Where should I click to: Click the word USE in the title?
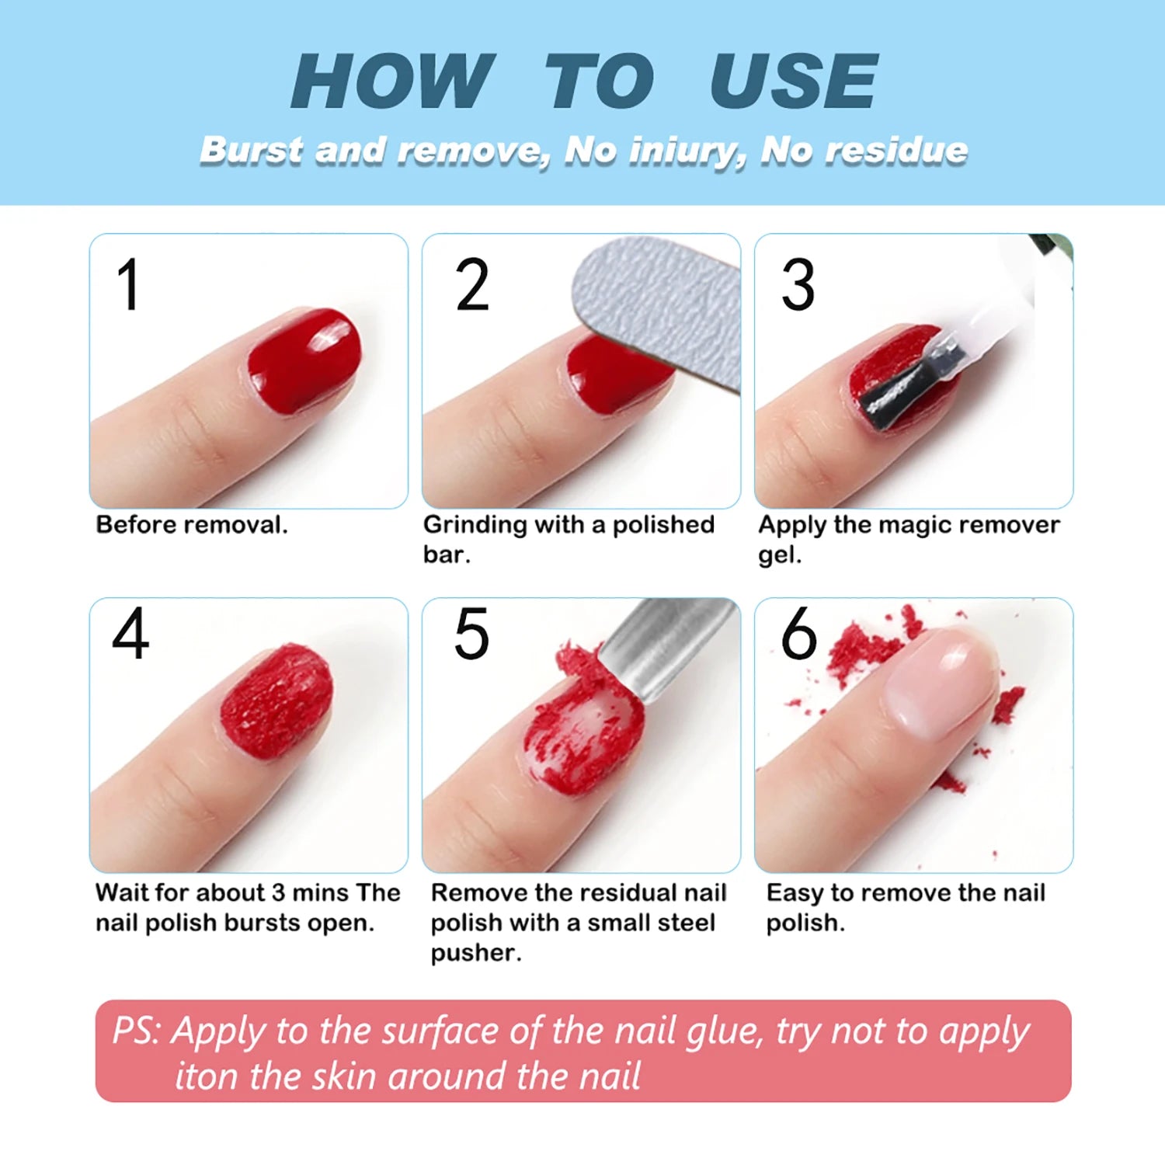(793, 82)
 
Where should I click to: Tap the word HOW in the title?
(391, 82)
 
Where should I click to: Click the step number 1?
(128, 285)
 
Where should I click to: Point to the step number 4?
(130, 634)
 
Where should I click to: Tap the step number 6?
(798, 634)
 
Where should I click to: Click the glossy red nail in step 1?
(305, 360)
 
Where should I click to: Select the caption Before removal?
(191, 525)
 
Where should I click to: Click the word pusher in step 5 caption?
(475, 953)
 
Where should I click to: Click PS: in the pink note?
(137, 1031)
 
